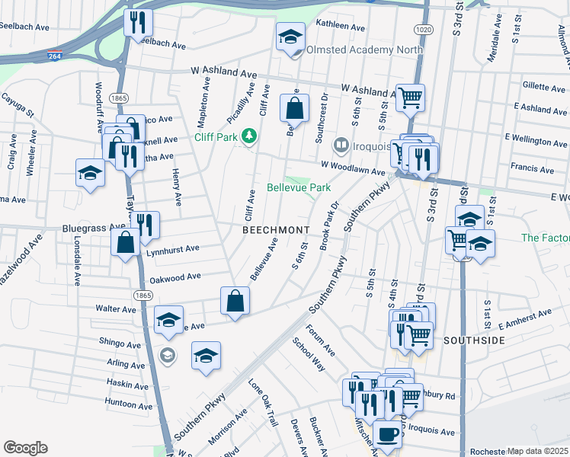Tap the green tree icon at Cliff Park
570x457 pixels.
pos(248,137)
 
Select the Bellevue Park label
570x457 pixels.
pos(298,187)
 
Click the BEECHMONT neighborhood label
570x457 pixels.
pos(276,229)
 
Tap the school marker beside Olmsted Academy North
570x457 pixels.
pos(290,37)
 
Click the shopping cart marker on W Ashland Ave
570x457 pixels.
pos(410,97)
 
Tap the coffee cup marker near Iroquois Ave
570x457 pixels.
pos(387,435)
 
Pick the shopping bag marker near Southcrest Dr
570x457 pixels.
pos(294,108)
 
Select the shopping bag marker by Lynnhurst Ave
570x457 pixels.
pos(125,243)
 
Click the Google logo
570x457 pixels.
pos(25,448)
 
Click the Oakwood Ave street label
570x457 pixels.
pos(175,278)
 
